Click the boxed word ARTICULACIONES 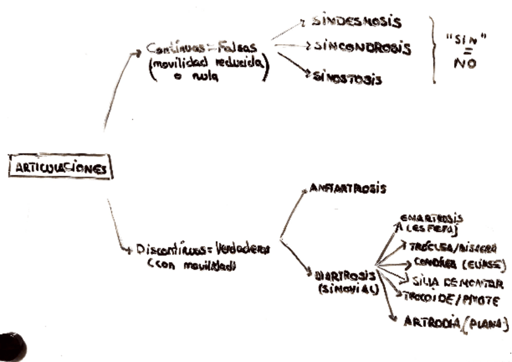pos(60,168)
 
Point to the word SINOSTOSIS pos(347,77)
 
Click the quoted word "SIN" pos(466,40)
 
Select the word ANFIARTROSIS pos(348,189)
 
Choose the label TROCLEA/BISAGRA pos(452,248)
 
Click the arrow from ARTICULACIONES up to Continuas pos(119,91)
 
